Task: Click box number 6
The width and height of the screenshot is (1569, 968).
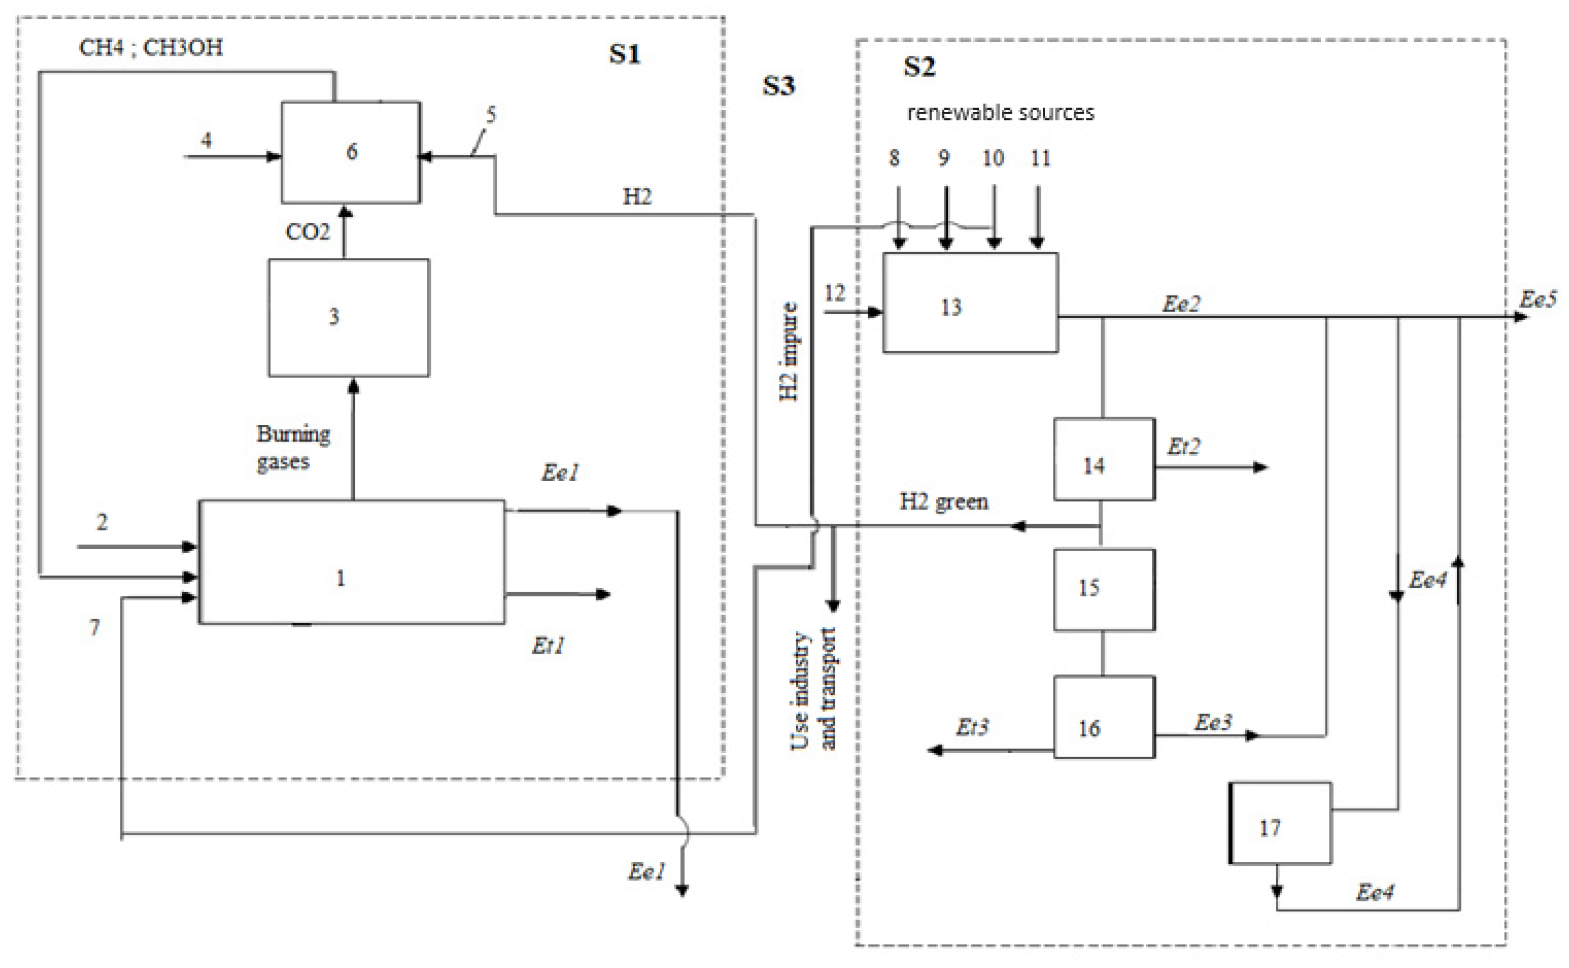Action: pyautogui.click(x=351, y=153)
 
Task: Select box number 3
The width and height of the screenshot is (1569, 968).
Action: pyautogui.click(x=349, y=317)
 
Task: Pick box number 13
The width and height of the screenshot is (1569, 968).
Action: pyautogui.click(x=970, y=303)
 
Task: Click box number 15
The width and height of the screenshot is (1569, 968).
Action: pyautogui.click(x=1104, y=589)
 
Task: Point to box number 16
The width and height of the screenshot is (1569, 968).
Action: pyautogui.click(x=1104, y=717)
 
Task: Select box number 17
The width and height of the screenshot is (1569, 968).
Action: pyautogui.click(x=1280, y=823)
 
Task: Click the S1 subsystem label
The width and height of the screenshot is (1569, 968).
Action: pyautogui.click(x=624, y=54)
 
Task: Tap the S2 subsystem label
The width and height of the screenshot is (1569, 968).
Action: pyautogui.click(x=919, y=66)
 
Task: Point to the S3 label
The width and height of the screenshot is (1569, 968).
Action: pyautogui.click(x=778, y=86)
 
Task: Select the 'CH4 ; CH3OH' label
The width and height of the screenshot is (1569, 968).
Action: pyautogui.click(x=151, y=47)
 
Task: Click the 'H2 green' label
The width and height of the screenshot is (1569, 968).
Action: pyautogui.click(x=943, y=501)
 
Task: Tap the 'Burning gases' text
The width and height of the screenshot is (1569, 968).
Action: pyautogui.click(x=293, y=448)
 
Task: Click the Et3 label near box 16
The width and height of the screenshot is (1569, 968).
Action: pyautogui.click(x=971, y=727)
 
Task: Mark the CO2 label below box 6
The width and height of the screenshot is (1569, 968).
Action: pyautogui.click(x=307, y=232)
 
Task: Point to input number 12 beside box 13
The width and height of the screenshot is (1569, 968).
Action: pyautogui.click(x=834, y=293)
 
